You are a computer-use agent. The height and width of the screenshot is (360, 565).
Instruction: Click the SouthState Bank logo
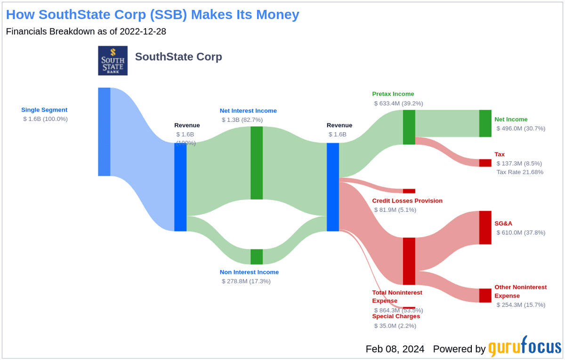click(113, 61)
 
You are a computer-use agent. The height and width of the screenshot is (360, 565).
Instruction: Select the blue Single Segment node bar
click(104, 132)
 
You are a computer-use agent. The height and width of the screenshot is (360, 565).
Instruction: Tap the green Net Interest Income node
click(257, 163)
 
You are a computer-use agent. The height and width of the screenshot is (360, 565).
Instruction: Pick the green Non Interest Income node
click(257, 257)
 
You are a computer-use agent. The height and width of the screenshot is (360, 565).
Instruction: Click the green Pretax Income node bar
click(409, 127)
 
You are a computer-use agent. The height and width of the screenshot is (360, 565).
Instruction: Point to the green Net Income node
click(485, 123)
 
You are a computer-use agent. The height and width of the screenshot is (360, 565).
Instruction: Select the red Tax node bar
click(485, 163)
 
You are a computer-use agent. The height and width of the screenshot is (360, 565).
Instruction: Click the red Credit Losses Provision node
click(409, 191)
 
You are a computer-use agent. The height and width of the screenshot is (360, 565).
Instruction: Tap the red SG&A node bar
click(485, 228)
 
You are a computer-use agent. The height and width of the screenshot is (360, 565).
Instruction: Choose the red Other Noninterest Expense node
click(485, 296)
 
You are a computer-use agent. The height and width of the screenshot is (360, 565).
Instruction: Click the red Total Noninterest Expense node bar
click(409, 261)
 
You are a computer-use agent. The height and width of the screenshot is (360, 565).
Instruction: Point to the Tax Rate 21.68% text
click(520, 172)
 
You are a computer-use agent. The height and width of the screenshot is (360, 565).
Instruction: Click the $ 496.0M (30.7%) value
click(521, 128)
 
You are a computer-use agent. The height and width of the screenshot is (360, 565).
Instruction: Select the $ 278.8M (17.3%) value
click(246, 281)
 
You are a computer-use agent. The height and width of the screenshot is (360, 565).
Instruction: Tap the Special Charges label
click(396, 316)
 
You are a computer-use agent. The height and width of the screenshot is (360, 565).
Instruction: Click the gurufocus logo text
click(525, 348)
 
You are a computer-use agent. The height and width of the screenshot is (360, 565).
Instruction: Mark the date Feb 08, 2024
click(395, 349)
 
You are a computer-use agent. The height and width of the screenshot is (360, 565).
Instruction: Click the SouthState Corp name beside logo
click(178, 57)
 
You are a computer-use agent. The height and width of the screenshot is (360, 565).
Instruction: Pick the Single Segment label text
click(44, 110)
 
